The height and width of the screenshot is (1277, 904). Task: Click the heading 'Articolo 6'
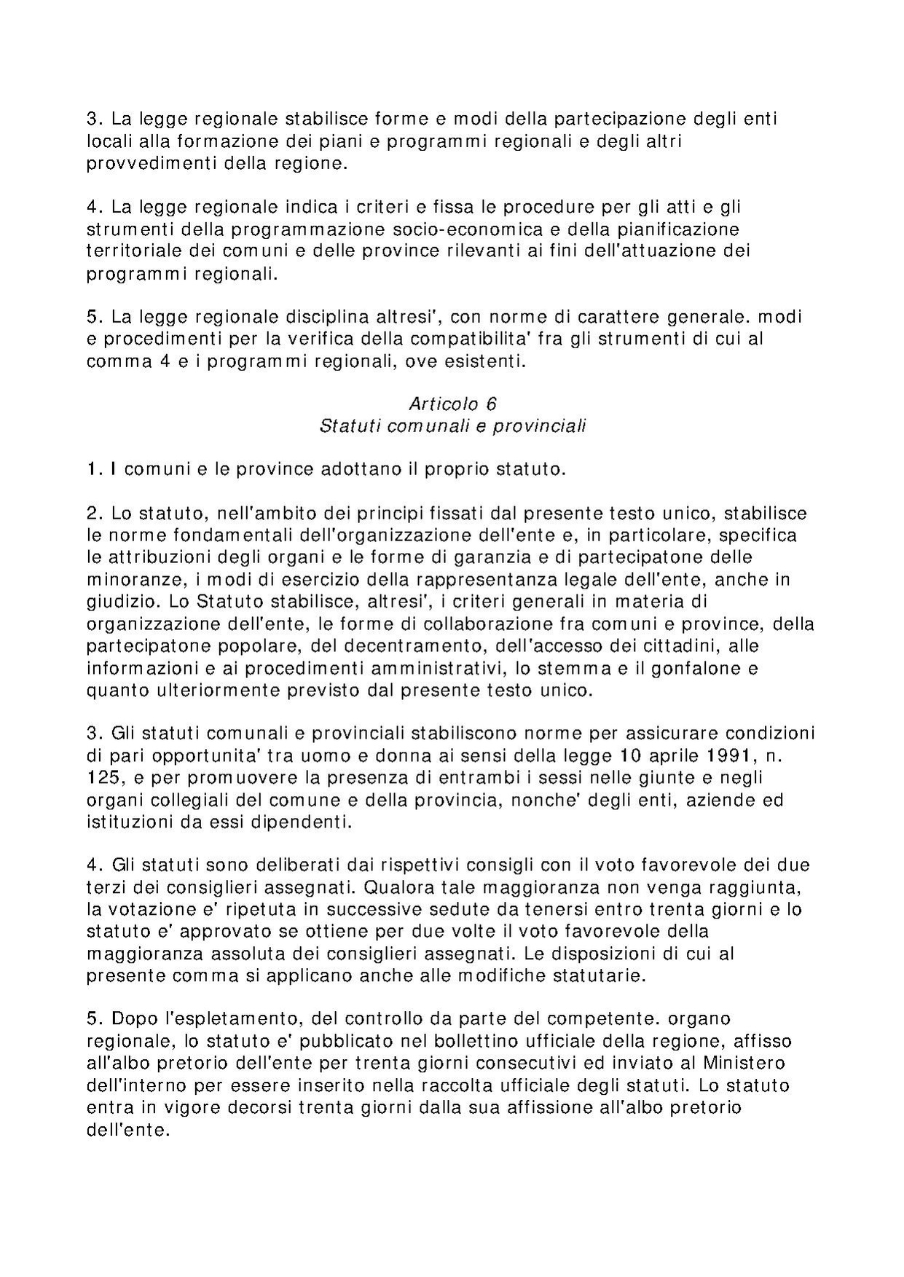pyautogui.click(x=452, y=404)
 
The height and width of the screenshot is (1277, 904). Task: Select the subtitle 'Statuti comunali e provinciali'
pyautogui.click(x=452, y=426)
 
